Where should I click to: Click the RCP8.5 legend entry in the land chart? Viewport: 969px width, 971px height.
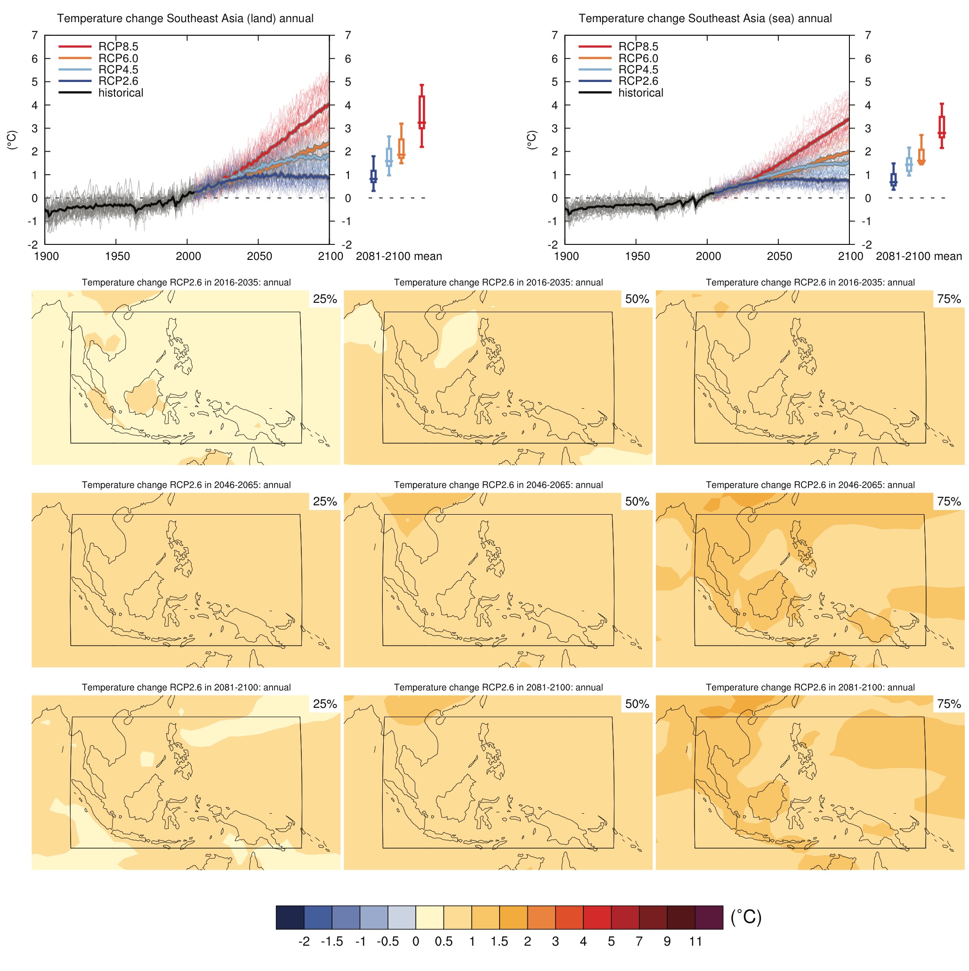[x=118, y=47]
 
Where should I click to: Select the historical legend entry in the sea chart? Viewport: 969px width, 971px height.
[x=640, y=93]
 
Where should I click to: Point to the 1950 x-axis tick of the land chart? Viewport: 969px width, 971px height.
[x=117, y=256]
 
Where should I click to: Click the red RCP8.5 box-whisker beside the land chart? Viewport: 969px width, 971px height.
[x=421, y=115]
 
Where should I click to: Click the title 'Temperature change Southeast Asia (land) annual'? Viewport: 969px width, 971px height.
[x=185, y=18]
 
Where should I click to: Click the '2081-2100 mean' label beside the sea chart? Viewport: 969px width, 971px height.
[x=918, y=256]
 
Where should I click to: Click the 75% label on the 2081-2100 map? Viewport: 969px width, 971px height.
[x=948, y=704]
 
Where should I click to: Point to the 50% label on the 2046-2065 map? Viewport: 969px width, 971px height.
[x=636, y=501]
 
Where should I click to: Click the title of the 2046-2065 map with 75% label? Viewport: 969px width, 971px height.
[x=810, y=485]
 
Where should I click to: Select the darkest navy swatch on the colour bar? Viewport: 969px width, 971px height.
[x=290, y=917]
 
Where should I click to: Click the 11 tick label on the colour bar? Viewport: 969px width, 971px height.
[x=694, y=941]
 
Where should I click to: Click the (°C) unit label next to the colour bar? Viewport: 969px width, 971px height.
[x=745, y=917]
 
